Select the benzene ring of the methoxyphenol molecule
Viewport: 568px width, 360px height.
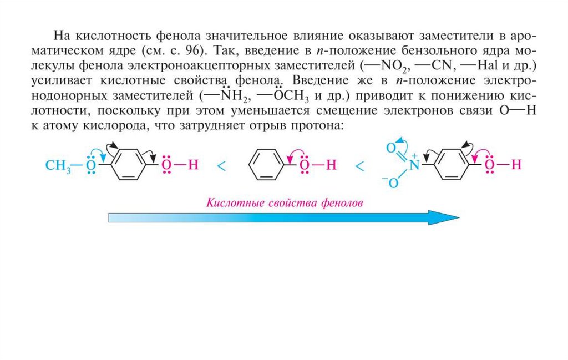click(128, 165)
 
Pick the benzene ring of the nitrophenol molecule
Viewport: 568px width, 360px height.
click(453, 165)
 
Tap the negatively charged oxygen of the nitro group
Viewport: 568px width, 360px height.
click(393, 183)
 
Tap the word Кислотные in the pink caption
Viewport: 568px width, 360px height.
click(229, 202)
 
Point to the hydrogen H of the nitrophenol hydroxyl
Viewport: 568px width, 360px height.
click(516, 165)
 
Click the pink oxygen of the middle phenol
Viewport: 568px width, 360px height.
click(303, 165)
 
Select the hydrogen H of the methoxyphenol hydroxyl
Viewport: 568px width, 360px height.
click(192, 165)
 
